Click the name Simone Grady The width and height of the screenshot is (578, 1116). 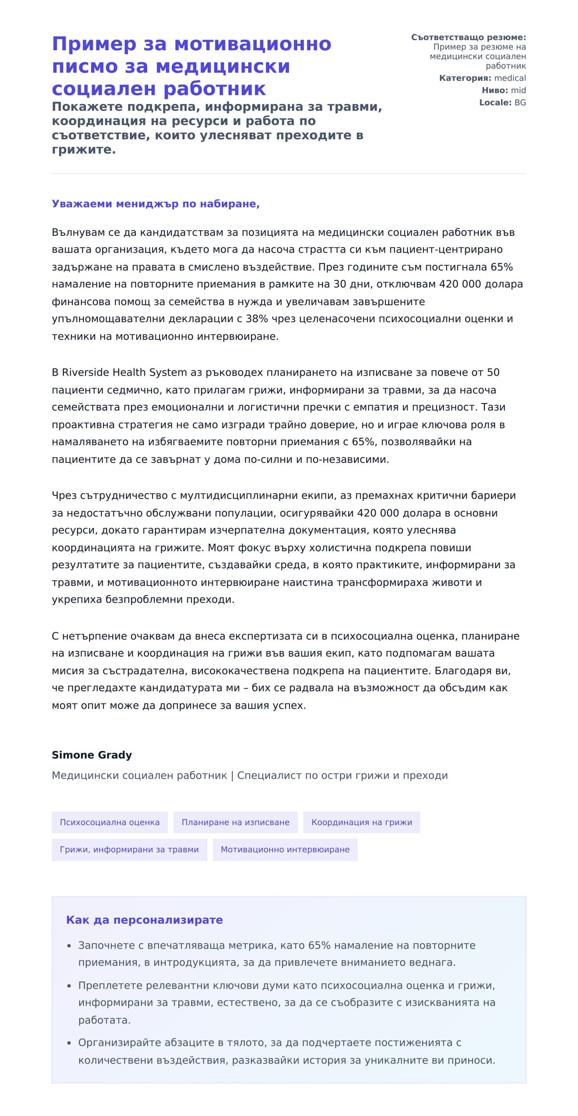coord(92,754)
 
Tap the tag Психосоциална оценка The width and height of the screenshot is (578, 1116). coord(109,822)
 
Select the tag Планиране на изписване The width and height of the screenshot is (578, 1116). coord(235,822)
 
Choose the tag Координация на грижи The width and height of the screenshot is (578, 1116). coord(361,822)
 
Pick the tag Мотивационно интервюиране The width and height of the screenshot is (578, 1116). coord(285,849)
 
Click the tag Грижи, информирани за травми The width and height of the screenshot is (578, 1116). coord(129,849)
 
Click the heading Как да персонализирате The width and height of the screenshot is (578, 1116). coord(144,920)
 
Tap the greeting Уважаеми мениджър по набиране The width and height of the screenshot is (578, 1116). coord(155,204)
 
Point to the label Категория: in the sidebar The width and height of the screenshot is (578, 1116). coord(465,78)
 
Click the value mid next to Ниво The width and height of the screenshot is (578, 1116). coord(518,90)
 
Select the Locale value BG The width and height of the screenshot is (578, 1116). coord(520,103)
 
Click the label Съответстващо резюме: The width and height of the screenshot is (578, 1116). coord(468,37)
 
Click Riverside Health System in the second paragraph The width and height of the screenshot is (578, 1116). coord(124,372)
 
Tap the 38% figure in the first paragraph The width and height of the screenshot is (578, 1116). coord(257,319)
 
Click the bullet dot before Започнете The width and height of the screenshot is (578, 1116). coord(69,946)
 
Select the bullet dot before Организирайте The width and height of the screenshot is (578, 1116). coord(69,1043)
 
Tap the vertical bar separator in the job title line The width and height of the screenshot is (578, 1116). coord(232,776)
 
